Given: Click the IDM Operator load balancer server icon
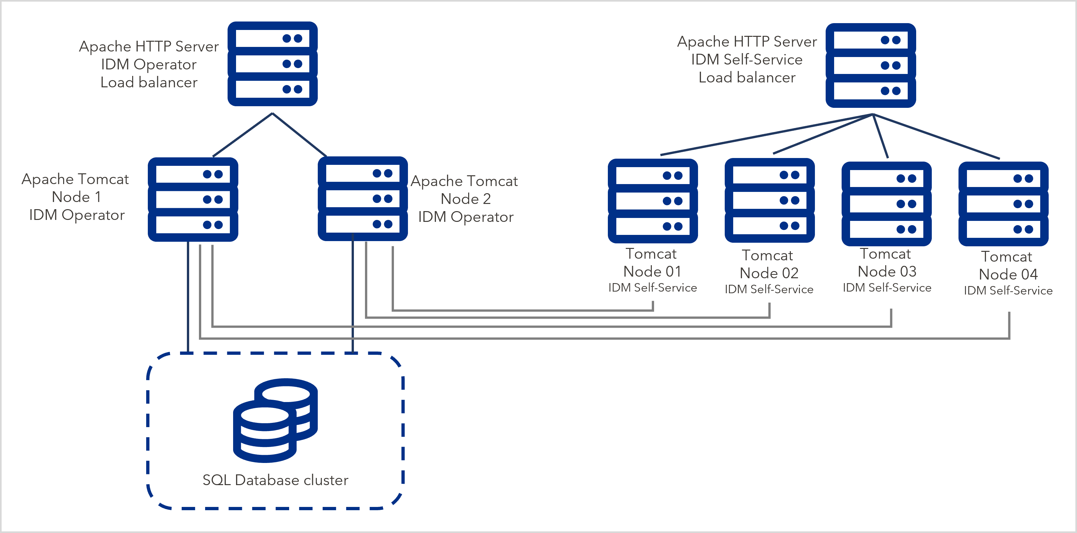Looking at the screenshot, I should [x=272, y=64].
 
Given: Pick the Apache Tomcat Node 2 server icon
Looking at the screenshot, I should [x=362, y=198].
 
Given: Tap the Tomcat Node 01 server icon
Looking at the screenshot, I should [x=653, y=201].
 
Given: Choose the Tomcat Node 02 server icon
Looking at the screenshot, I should [x=769, y=200].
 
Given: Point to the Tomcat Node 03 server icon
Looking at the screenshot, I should [x=886, y=204].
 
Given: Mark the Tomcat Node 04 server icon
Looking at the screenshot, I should [x=1003, y=204].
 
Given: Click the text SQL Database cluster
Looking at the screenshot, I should [x=275, y=480].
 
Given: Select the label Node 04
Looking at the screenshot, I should [x=1008, y=274].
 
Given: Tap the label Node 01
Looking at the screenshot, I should [x=652, y=271].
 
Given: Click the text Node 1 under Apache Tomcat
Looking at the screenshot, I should [x=76, y=197].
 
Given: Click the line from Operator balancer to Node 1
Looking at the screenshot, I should [x=243, y=135].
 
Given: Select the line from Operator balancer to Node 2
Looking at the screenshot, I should [x=299, y=135].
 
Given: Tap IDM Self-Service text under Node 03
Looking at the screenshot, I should [x=887, y=288].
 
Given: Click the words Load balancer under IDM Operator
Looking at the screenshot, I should [x=149, y=82].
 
